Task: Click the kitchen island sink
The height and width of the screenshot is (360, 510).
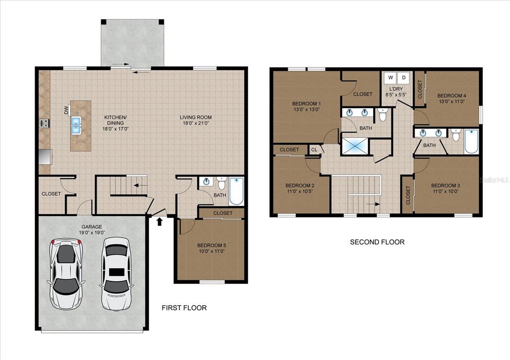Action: coord(76,125)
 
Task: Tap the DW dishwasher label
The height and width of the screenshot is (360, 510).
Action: coord(66,110)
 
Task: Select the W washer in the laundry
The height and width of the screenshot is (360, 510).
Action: coord(390,78)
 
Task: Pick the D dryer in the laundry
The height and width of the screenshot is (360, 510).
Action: coord(403,78)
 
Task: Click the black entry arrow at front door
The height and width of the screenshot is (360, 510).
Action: coord(159,222)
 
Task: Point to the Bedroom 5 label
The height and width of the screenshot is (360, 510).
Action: coord(211,245)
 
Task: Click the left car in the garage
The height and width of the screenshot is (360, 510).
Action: coord(66,274)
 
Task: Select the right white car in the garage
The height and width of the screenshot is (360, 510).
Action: coord(116,274)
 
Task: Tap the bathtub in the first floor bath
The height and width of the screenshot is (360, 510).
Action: coord(236,191)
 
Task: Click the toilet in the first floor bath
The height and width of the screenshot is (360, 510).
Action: coord(222,183)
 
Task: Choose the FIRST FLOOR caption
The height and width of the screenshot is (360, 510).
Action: coord(184,308)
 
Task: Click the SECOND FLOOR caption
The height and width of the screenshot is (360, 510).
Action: coord(378,242)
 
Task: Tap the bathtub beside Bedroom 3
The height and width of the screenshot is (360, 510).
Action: coord(471,141)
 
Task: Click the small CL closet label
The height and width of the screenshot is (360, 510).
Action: coord(314,149)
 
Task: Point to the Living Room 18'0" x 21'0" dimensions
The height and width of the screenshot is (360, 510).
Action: coord(195,123)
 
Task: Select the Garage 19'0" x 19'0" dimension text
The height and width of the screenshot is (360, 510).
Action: coord(92,233)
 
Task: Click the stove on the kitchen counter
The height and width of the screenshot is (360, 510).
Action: coord(44,123)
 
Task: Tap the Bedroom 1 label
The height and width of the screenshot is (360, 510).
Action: coord(306,104)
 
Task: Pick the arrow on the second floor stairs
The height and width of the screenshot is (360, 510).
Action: coord(373,204)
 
